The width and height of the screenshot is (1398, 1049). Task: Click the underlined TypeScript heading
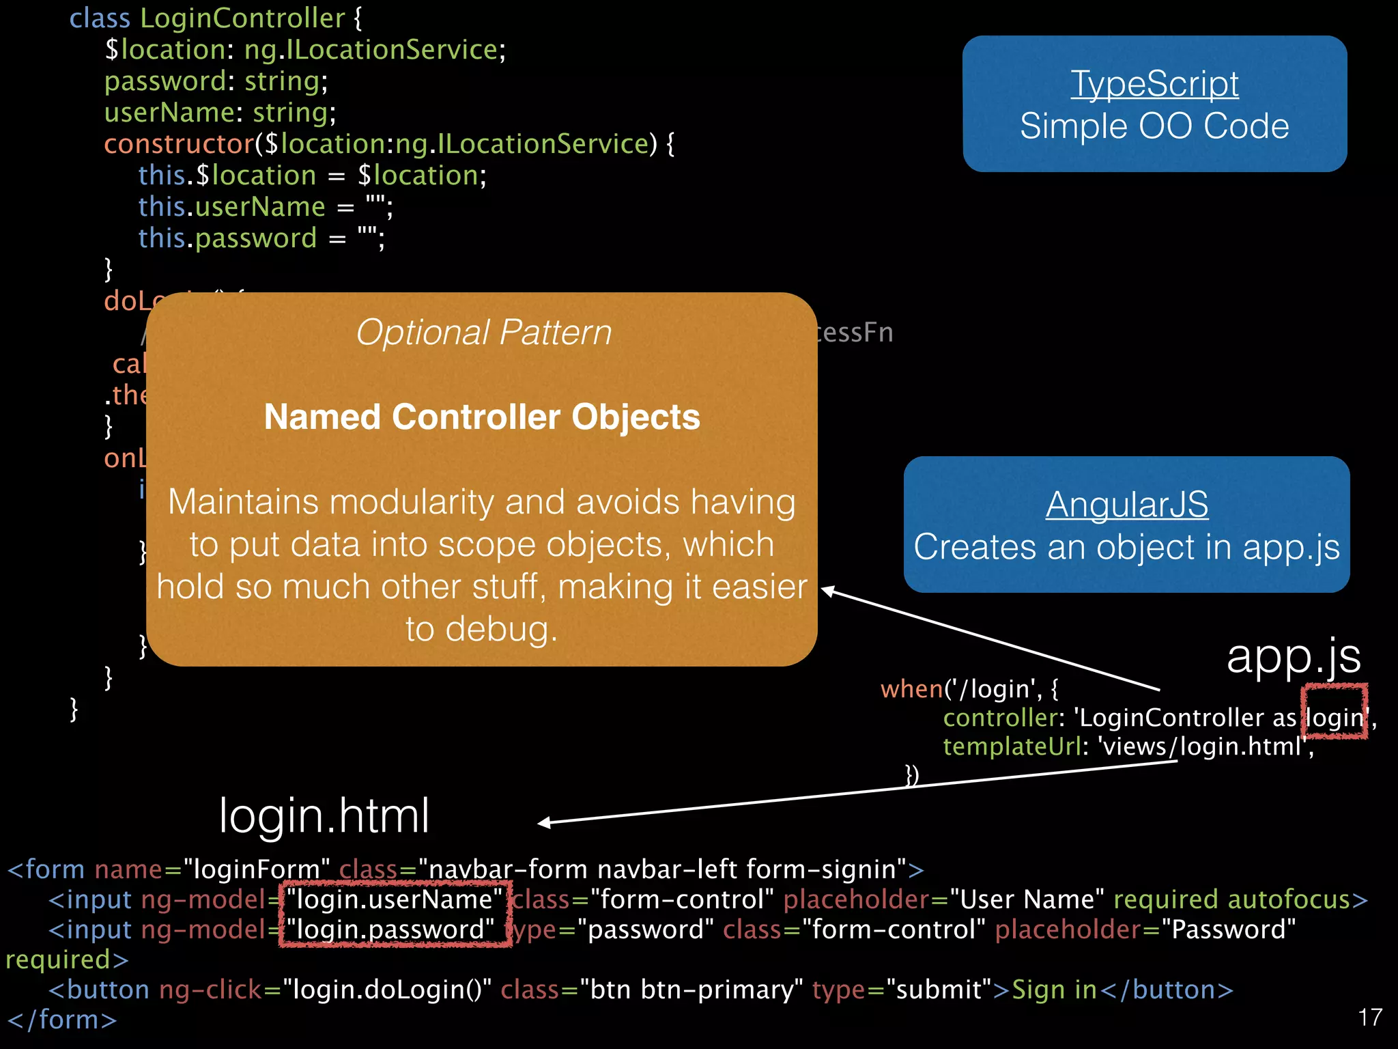coord(1154,84)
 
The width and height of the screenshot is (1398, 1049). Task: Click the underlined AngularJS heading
coord(1126,505)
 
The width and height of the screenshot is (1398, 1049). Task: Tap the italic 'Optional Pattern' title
coord(483,333)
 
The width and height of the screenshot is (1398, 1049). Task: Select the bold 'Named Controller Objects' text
coord(482,417)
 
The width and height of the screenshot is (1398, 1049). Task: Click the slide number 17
coord(1369,1018)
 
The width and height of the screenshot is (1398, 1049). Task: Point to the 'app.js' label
coord(1293,656)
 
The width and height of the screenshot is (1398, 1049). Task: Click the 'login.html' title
coord(324,815)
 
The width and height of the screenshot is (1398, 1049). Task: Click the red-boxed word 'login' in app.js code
coord(1335,717)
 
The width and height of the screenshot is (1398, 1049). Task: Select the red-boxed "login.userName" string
coord(395,899)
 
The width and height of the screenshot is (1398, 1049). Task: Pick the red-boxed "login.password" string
coord(390,929)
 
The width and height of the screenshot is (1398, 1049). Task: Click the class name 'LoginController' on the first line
coord(242,18)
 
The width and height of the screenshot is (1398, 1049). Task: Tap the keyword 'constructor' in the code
coord(179,144)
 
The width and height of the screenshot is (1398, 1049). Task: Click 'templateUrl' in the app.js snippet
coord(1012,746)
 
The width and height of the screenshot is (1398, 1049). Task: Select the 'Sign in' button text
coord(1054,990)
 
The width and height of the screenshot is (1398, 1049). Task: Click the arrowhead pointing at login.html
coord(545,823)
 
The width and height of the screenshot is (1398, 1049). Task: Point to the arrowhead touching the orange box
coord(828,590)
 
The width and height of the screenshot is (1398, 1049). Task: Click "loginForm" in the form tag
coord(257,869)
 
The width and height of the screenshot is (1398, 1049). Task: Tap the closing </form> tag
coord(62,1020)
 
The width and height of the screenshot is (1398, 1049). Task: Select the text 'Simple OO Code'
coord(1154,126)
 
